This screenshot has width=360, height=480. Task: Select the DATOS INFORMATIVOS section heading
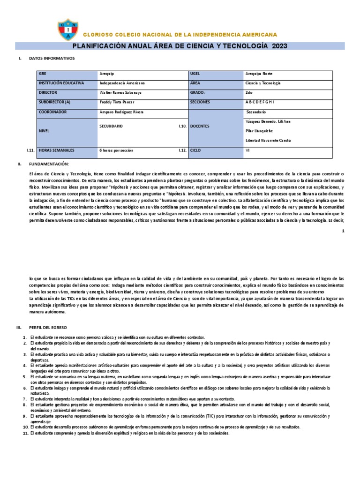[x=52, y=59]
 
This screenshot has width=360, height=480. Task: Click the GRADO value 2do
[x=249, y=93]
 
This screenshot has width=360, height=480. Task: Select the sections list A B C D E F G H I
[x=259, y=102]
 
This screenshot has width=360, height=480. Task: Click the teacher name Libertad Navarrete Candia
[x=268, y=141]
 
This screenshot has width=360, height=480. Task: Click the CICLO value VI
[x=247, y=150]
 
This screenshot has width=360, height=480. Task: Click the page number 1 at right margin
[x=343, y=231]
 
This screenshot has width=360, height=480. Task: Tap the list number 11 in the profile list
[x=26, y=434]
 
